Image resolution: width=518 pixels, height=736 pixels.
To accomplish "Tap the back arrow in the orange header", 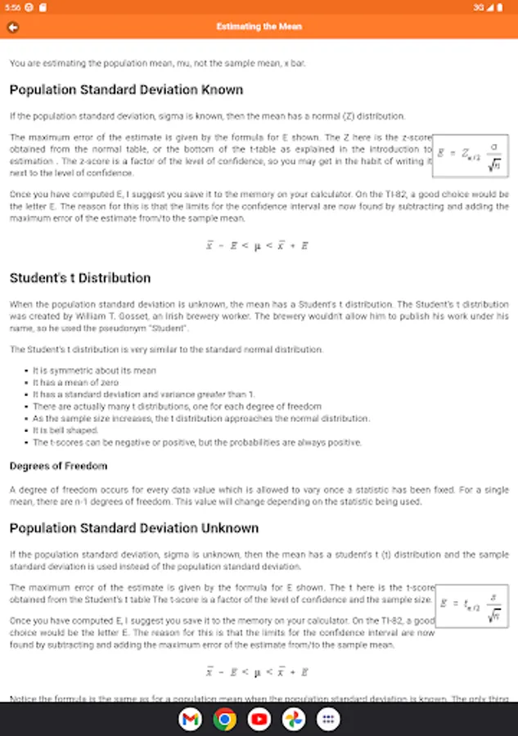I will coord(13,27).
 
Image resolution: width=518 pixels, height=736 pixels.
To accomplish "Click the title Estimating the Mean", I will coord(259,27).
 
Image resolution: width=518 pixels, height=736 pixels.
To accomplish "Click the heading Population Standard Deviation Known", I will coord(126,90).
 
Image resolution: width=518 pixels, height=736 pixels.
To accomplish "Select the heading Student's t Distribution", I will coord(80,278).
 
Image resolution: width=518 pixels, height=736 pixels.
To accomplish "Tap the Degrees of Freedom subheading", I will coord(58,466).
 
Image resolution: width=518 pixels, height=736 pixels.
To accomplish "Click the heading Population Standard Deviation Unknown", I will coord(134,528).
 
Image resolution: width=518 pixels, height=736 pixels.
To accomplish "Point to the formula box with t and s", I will coord(471,606).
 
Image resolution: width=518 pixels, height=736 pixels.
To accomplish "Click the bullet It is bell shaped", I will coord(67,430).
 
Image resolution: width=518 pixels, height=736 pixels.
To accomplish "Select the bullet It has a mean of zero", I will coord(75,383).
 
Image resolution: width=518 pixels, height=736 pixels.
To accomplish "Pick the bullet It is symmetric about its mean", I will coord(94,370).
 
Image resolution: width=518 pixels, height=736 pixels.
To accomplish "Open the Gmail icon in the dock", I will coord(190,719).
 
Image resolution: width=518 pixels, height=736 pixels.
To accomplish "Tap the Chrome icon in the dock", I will coord(224,719).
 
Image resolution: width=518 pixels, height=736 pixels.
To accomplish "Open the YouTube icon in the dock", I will coord(259,719).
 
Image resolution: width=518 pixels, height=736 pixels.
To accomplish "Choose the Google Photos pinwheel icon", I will coord(294,719).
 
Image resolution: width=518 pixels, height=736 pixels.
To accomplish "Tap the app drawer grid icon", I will coord(328,719).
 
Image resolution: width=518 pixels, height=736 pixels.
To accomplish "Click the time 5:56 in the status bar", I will coord(11,7).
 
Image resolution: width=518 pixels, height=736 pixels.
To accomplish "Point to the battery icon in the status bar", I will coord(501,7).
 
